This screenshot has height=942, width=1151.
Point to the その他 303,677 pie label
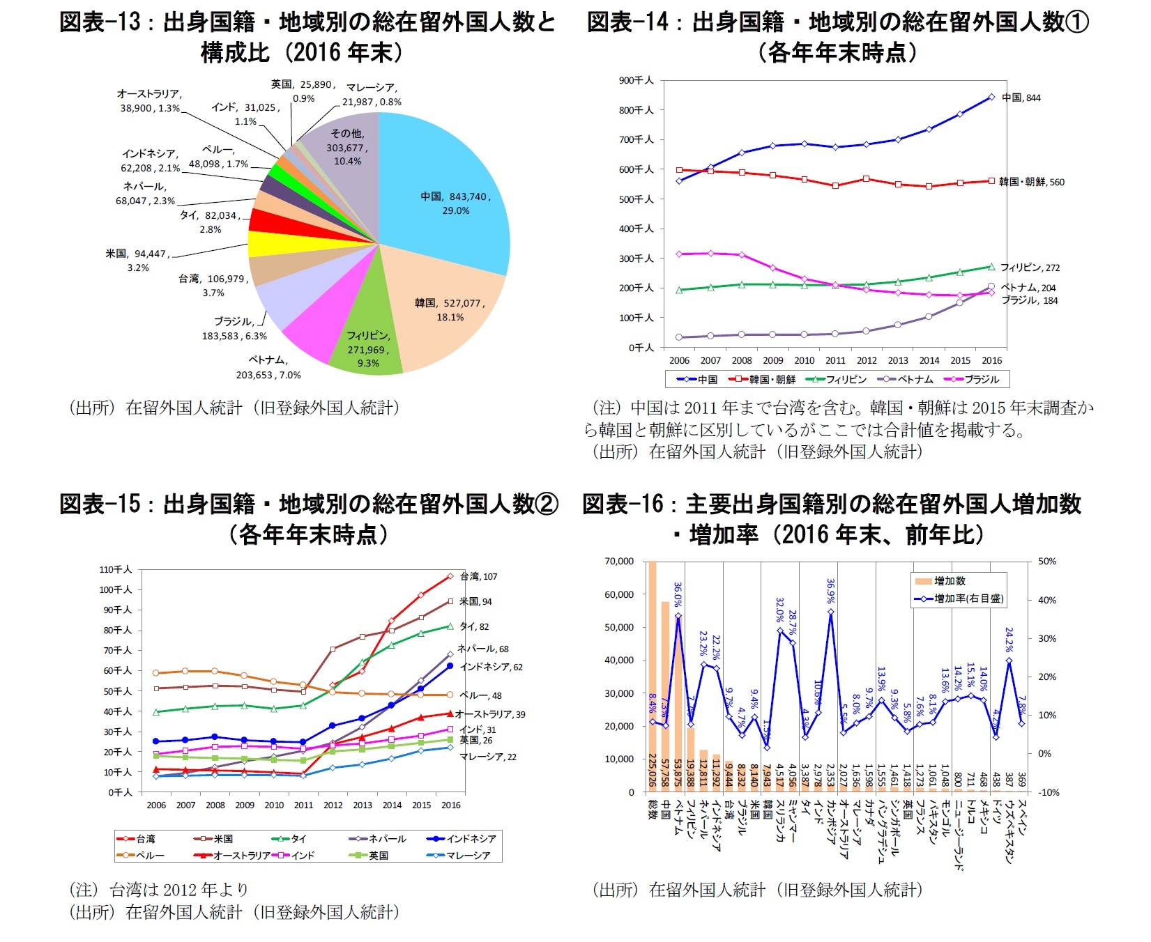(x=346, y=147)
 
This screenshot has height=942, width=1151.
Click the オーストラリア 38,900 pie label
(x=149, y=101)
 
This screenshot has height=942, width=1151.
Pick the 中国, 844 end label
(x=1021, y=98)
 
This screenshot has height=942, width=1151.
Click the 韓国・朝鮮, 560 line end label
(x=1031, y=182)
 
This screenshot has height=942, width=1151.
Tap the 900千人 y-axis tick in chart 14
(x=636, y=80)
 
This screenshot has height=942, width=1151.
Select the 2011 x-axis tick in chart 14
(x=835, y=360)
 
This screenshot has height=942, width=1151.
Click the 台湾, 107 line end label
(x=478, y=576)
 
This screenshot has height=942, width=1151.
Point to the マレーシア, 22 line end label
(x=487, y=757)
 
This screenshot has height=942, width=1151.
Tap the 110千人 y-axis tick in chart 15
(x=115, y=569)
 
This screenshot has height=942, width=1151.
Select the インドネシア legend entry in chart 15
(x=463, y=839)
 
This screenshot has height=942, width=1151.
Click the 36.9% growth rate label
(x=830, y=591)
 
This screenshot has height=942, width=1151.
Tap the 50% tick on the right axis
(x=1046, y=561)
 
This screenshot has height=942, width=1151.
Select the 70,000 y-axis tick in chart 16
(x=619, y=561)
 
